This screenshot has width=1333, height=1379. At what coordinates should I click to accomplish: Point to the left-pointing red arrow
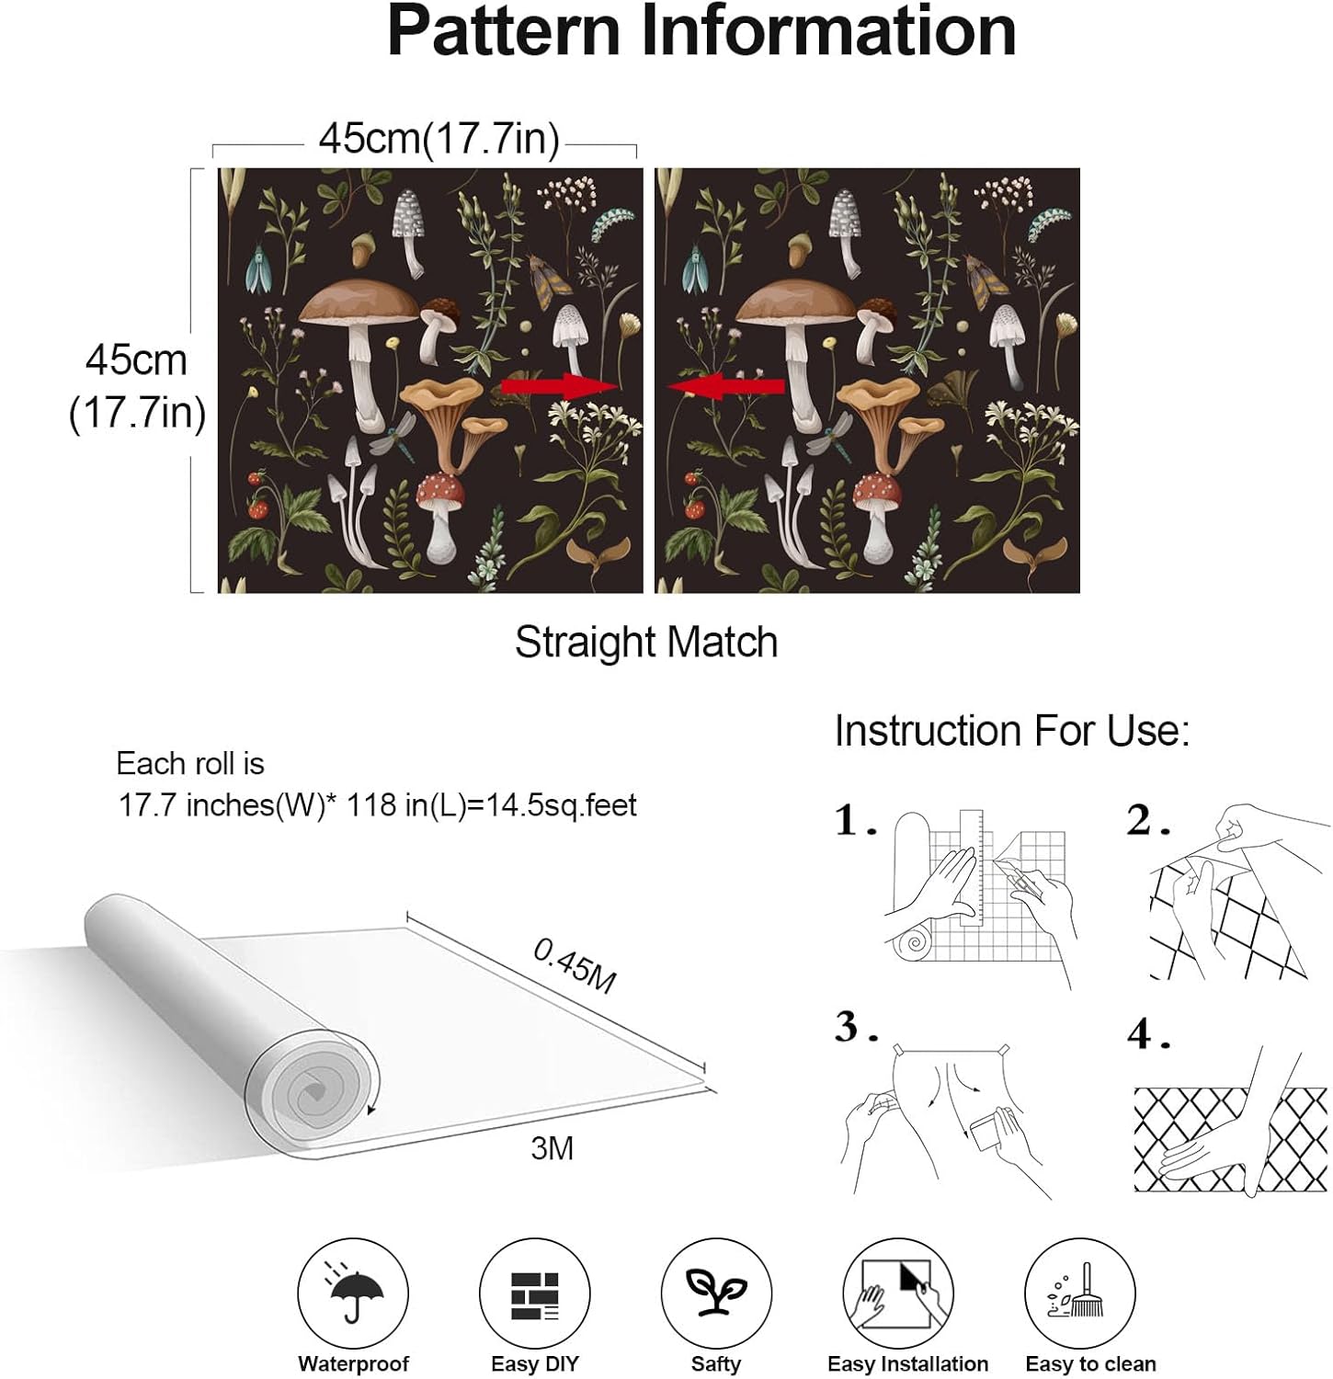click(x=725, y=386)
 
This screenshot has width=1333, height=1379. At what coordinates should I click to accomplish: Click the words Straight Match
click(x=646, y=642)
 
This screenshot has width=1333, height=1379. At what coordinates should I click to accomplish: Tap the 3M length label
click(x=553, y=1147)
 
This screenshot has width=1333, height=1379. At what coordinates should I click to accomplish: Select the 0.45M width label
click(x=575, y=966)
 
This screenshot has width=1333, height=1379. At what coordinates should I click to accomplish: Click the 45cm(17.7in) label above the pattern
click(x=439, y=139)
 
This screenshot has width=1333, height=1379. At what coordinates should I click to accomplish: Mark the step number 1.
click(x=855, y=820)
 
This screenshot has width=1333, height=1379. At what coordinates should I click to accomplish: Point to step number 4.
click(x=1148, y=1034)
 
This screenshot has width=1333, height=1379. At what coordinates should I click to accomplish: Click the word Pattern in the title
click(x=505, y=31)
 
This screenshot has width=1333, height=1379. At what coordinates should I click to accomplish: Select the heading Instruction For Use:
click(x=1012, y=731)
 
